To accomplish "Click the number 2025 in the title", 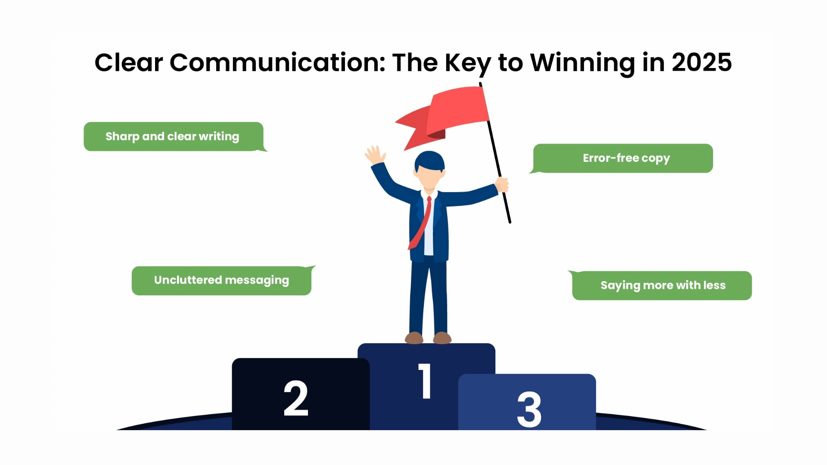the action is coord(702,62).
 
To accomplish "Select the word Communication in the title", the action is coord(277,62).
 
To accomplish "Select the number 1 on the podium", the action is coord(425,381).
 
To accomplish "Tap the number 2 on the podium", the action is coord(296,398).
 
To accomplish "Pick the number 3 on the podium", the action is coord(529,409).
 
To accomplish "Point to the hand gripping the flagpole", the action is coord(501,185).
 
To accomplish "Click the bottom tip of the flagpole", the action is coord(510,222).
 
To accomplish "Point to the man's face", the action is coord(429,177).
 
